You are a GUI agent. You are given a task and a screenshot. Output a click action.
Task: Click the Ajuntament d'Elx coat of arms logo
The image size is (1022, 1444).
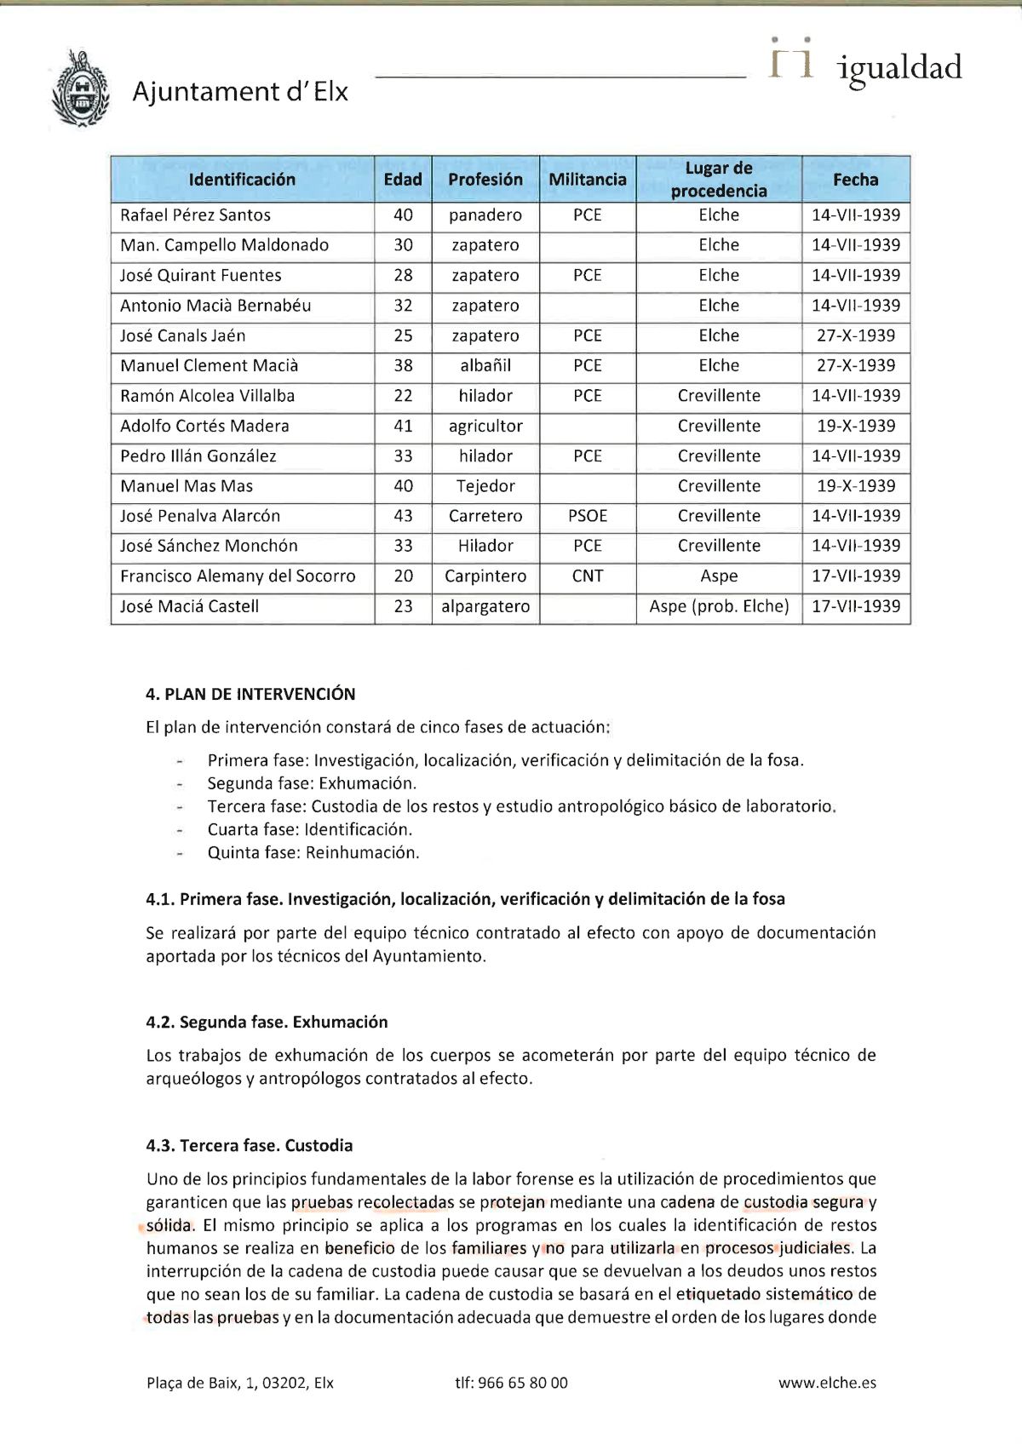coord(82,89)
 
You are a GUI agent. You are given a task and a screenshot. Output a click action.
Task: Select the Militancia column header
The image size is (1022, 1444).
coord(587,180)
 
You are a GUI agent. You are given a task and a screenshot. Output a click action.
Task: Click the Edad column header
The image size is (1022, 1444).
coord(403,180)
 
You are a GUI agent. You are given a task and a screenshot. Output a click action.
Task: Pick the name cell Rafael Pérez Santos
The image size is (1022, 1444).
coord(195,215)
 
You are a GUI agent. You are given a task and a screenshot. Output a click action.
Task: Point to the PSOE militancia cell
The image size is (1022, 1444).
coord(587,516)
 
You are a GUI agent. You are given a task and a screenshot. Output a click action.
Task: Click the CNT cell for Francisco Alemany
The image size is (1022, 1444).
coord(587,576)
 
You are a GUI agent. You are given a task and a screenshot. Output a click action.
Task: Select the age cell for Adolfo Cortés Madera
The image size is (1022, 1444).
coord(403,426)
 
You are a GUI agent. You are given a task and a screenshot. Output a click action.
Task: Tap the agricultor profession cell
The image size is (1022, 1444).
coord(485,426)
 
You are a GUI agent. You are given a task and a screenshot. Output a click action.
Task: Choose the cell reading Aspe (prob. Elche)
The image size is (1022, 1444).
coord(719,607)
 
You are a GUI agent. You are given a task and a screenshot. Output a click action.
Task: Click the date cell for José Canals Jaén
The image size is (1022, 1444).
coord(855,335)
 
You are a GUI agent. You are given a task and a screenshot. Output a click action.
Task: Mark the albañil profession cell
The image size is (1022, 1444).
coord(485,365)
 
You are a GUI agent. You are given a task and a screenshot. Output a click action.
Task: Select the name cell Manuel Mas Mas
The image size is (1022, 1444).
coord(187,486)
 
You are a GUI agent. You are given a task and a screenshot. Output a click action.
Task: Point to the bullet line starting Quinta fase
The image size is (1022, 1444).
coord(313,852)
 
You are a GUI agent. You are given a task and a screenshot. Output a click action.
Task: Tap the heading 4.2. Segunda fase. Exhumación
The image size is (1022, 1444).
coord(267,1022)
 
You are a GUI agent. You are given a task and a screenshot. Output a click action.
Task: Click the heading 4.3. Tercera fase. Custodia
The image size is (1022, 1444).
coord(249,1145)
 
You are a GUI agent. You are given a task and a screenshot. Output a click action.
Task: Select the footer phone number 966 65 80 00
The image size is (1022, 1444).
coord(511,1384)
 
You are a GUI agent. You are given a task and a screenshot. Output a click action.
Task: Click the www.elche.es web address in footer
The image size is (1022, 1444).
coord(826,1384)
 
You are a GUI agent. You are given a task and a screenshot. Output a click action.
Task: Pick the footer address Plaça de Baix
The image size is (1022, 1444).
coord(239,1384)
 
